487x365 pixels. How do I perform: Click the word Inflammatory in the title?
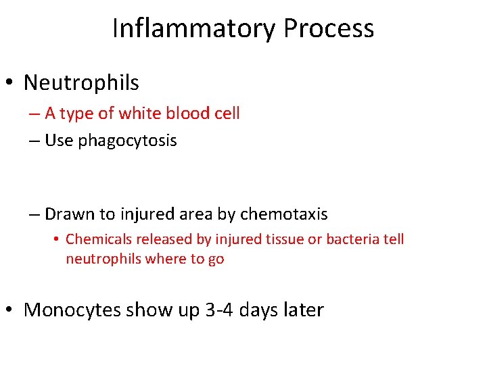click(193, 28)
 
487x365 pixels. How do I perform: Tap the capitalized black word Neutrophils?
click(81, 83)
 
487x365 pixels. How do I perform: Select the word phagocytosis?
click(127, 141)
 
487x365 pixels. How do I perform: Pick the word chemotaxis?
click(283, 215)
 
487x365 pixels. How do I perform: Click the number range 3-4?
click(214, 310)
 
